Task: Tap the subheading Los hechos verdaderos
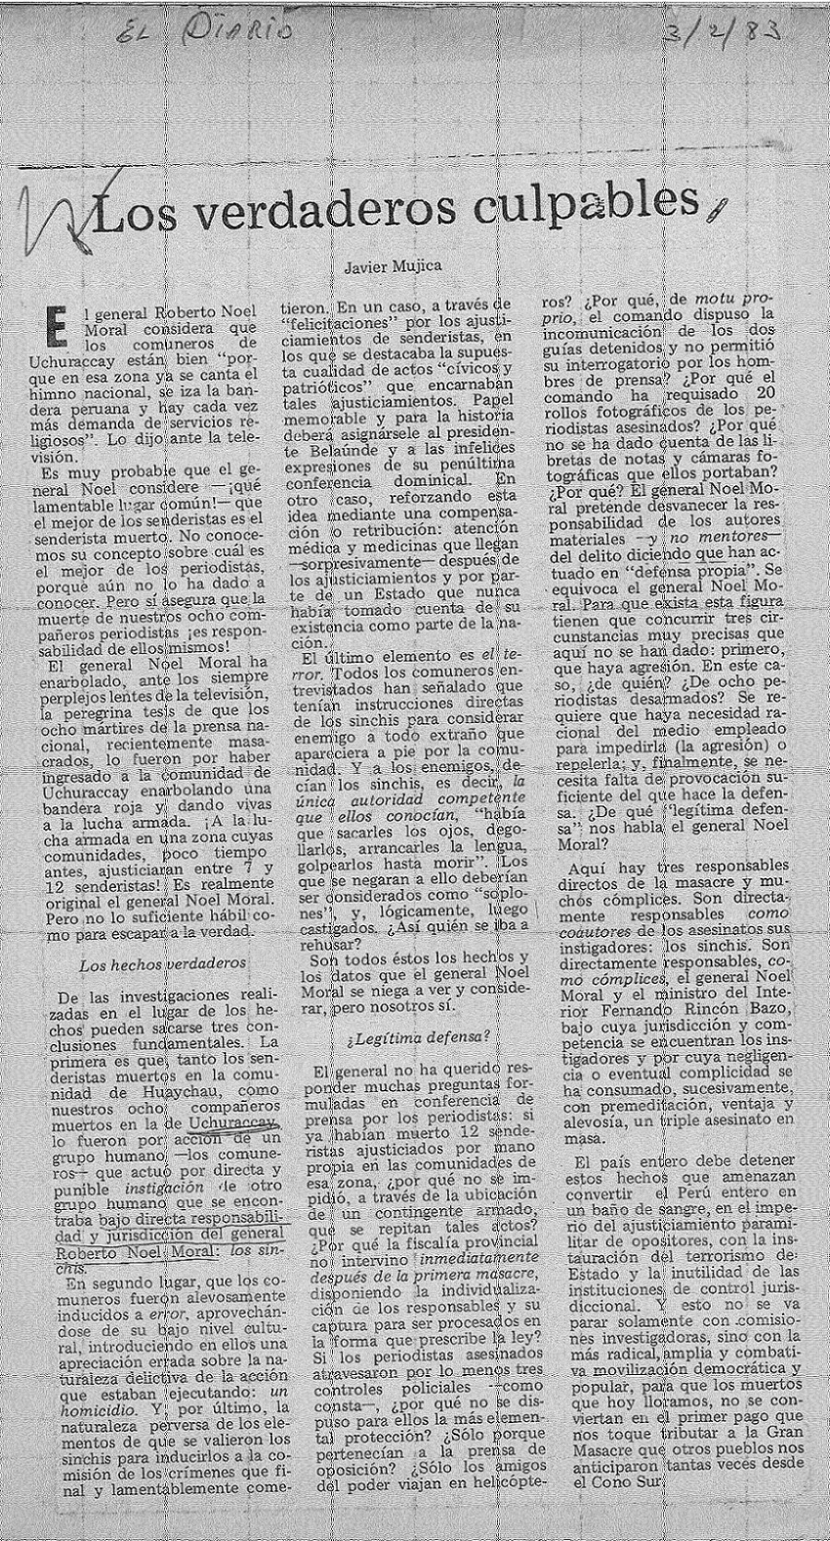[x=162, y=964]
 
